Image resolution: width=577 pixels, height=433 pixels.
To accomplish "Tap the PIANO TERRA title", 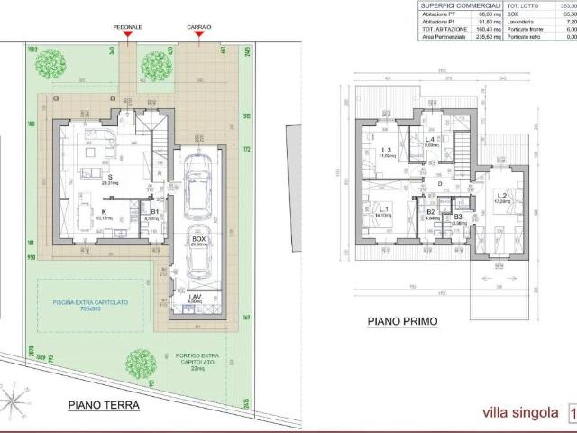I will click(104, 406).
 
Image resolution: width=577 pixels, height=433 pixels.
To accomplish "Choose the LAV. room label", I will click(196, 298).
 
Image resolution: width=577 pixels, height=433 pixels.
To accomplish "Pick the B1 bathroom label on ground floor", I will click(155, 213).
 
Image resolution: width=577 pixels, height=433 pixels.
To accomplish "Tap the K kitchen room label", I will click(105, 213).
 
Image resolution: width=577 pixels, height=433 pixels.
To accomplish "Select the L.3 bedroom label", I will click(385, 151).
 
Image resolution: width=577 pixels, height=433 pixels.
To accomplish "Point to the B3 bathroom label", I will click(458, 217).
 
